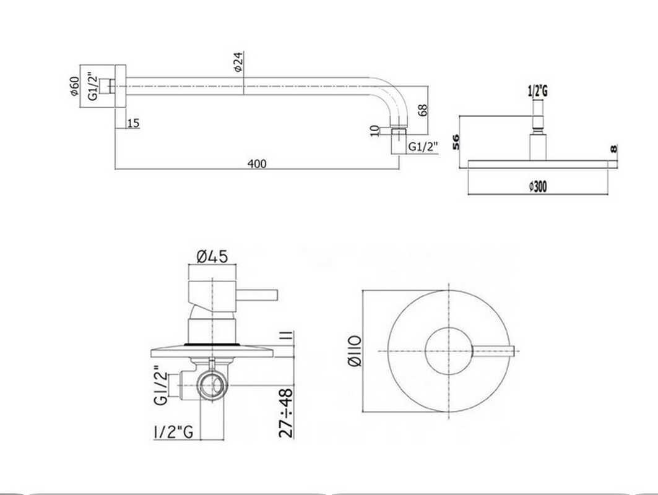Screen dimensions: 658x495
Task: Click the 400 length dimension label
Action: [257, 163]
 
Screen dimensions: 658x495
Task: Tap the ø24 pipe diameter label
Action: [238, 62]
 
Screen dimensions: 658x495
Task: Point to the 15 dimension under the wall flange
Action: [133, 123]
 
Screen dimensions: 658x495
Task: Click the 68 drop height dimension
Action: [423, 110]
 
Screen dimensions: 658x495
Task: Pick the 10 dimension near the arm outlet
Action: [374, 131]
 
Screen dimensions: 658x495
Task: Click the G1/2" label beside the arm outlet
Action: [423, 147]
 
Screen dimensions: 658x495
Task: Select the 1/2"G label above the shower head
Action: [537, 91]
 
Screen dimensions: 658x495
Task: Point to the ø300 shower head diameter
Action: [538, 186]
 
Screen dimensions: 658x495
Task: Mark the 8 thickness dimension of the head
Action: [613, 148]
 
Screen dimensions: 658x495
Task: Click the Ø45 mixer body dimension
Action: [212, 256]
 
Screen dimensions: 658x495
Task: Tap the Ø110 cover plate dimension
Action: [355, 351]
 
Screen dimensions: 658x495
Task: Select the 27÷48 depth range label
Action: [286, 413]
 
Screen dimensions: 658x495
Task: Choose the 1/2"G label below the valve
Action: [174, 431]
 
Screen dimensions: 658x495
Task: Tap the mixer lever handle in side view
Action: [257, 295]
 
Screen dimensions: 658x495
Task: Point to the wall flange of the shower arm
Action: [120, 87]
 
